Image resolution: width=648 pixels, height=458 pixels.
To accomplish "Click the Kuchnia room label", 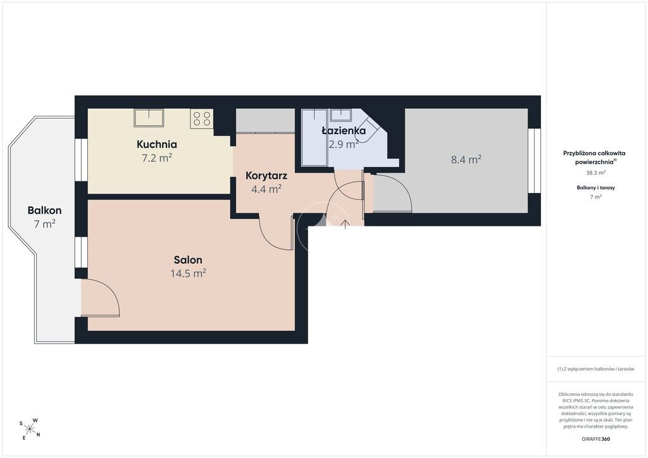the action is (x=157, y=144).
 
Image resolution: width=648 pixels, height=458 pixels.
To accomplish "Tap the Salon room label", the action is (x=188, y=260).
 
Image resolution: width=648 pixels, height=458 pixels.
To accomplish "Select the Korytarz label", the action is (x=266, y=175).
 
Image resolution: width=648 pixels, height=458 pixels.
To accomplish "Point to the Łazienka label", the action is (x=344, y=131).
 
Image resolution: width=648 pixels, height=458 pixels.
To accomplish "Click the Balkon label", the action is (x=44, y=210).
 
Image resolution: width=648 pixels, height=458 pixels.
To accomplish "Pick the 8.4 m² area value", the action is (x=466, y=159).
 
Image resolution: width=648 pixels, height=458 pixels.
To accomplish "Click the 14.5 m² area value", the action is (x=188, y=273).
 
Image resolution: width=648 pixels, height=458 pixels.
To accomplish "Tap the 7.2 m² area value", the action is (x=157, y=158).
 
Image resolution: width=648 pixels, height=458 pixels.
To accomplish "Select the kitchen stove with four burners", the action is (x=202, y=118).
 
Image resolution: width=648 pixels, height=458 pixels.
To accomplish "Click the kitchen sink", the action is (x=148, y=118).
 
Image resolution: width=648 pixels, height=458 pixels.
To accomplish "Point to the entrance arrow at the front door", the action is (x=345, y=224).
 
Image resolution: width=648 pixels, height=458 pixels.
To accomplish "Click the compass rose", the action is (x=30, y=429).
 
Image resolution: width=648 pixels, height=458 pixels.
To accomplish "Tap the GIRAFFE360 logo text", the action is (x=595, y=439).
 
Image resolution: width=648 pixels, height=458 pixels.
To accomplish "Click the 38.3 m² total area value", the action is (x=595, y=173).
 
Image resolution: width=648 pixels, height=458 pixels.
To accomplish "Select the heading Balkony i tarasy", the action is (x=595, y=187).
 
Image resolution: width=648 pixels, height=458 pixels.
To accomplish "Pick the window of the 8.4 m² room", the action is (x=534, y=161).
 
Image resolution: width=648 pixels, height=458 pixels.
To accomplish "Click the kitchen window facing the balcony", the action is (x=81, y=160).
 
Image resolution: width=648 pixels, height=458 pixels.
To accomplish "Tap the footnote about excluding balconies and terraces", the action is (x=595, y=369).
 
